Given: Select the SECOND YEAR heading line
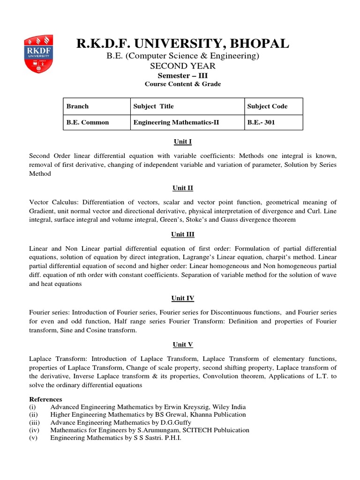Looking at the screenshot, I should [x=182, y=66].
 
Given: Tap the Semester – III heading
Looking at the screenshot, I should [x=182, y=75].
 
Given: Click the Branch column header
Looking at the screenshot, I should [x=77, y=106].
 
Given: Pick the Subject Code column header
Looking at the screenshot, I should [x=267, y=106].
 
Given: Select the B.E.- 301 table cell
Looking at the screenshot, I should [x=261, y=122].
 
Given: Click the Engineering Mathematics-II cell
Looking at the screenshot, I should [x=176, y=122].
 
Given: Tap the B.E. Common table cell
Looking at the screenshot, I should [x=88, y=122].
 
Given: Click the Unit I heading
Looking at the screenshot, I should [x=182, y=142].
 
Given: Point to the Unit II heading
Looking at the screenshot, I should [x=182, y=188].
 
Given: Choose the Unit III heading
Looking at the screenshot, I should [x=182, y=234].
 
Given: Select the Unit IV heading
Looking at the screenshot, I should [x=182, y=298].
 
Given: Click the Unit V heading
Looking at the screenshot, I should [x=182, y=345].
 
